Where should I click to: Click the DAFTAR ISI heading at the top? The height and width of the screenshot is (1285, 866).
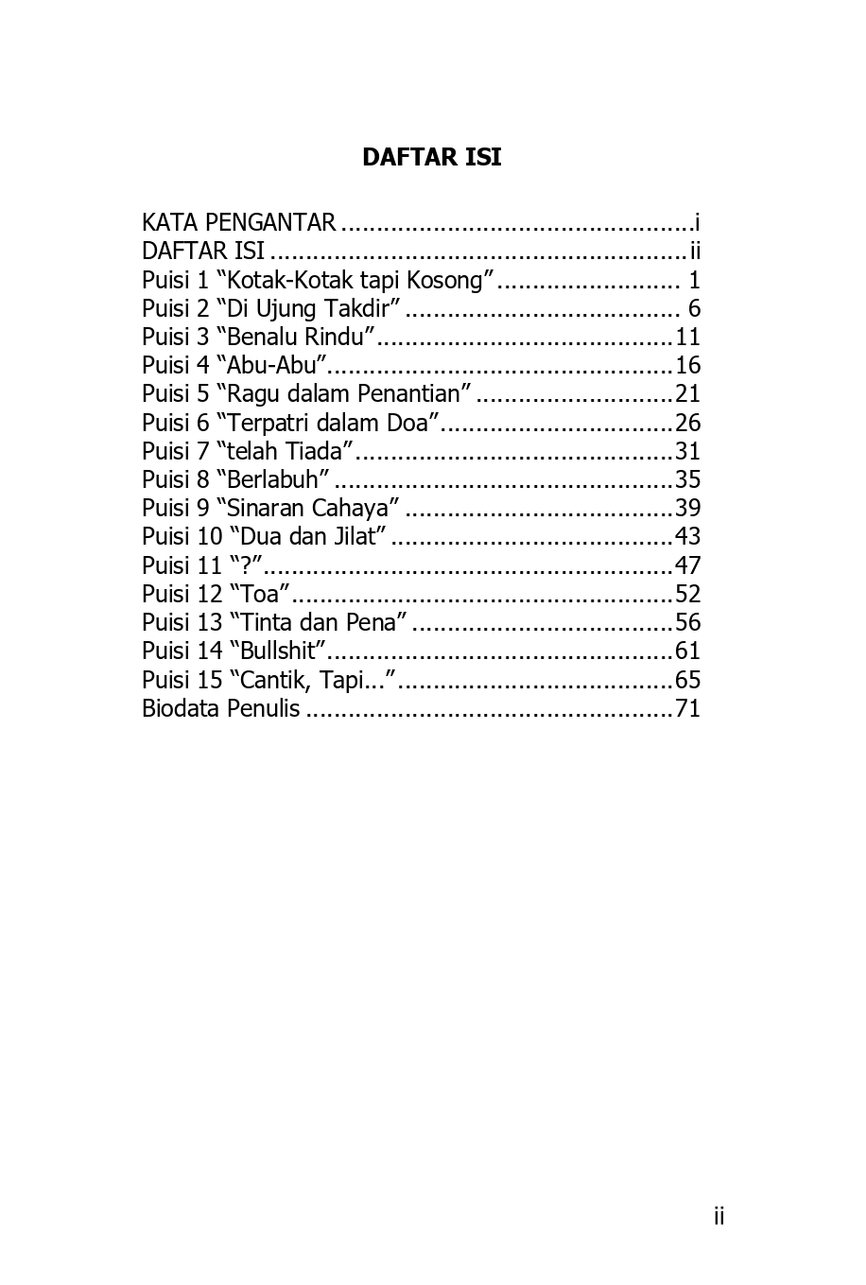click(x=431, y=157)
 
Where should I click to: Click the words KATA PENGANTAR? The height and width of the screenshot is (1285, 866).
click(x=238, y=223)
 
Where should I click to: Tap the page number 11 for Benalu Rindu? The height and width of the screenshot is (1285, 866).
click(x=687, y=338)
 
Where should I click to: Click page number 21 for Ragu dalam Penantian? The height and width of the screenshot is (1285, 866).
click(x=687, y=394)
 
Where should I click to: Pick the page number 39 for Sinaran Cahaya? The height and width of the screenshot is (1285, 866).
click(x=687, y=509)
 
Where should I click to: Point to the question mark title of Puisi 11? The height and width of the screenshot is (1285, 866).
click(x=246, y=565)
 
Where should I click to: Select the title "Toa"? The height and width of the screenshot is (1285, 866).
click(x=260, y=594)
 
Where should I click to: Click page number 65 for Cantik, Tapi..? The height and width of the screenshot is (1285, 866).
click(x=687, y=680)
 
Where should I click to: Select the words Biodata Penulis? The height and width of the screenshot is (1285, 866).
click(x=220, y=708)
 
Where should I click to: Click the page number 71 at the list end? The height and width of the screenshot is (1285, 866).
click(x=687, y=708)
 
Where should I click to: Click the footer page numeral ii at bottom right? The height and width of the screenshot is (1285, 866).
click(x=719, y=1217)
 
